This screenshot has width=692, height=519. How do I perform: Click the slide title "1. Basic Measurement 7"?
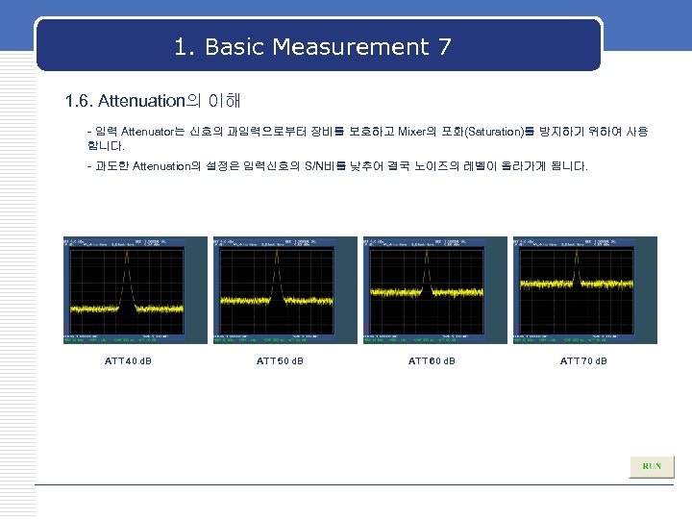point(313,46)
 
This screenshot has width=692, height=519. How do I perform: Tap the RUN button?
point(652,466)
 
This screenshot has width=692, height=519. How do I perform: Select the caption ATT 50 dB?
point(280,361)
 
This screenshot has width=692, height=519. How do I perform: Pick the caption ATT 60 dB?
point(432,361)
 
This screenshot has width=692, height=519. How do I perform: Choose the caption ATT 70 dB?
point(583,361)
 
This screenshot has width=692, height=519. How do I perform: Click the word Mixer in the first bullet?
point(411,130)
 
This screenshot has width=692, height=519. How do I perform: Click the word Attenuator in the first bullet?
point(152,130)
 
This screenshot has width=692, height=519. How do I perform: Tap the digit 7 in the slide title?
point(444,46)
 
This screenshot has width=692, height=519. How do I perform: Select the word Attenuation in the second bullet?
point(162,166)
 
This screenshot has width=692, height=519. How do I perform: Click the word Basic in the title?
point(235,46)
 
